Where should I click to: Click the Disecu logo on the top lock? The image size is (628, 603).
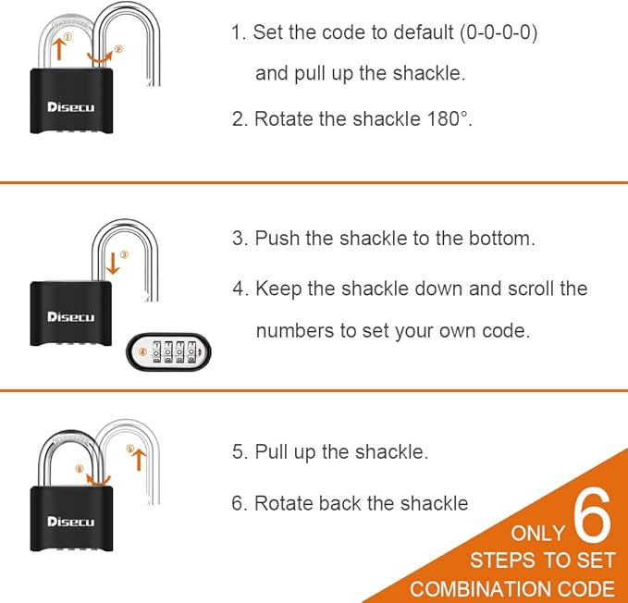pyautogui.click(x=71, y=107)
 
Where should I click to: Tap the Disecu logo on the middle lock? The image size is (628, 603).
pyautogui.click(x=71, y=317)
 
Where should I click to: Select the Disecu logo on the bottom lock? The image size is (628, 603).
pyautogui.click(x=71, y=523)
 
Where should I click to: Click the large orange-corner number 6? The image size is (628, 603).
pyautogui.click(x=592, y=519)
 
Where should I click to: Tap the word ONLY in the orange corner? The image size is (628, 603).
pyautogui.click(x=537, y=534)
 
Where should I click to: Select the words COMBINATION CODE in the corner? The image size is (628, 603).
pyautogui.click(x=512, y=589)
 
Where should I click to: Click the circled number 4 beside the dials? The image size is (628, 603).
pyautogui.click(x=142, y=352)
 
